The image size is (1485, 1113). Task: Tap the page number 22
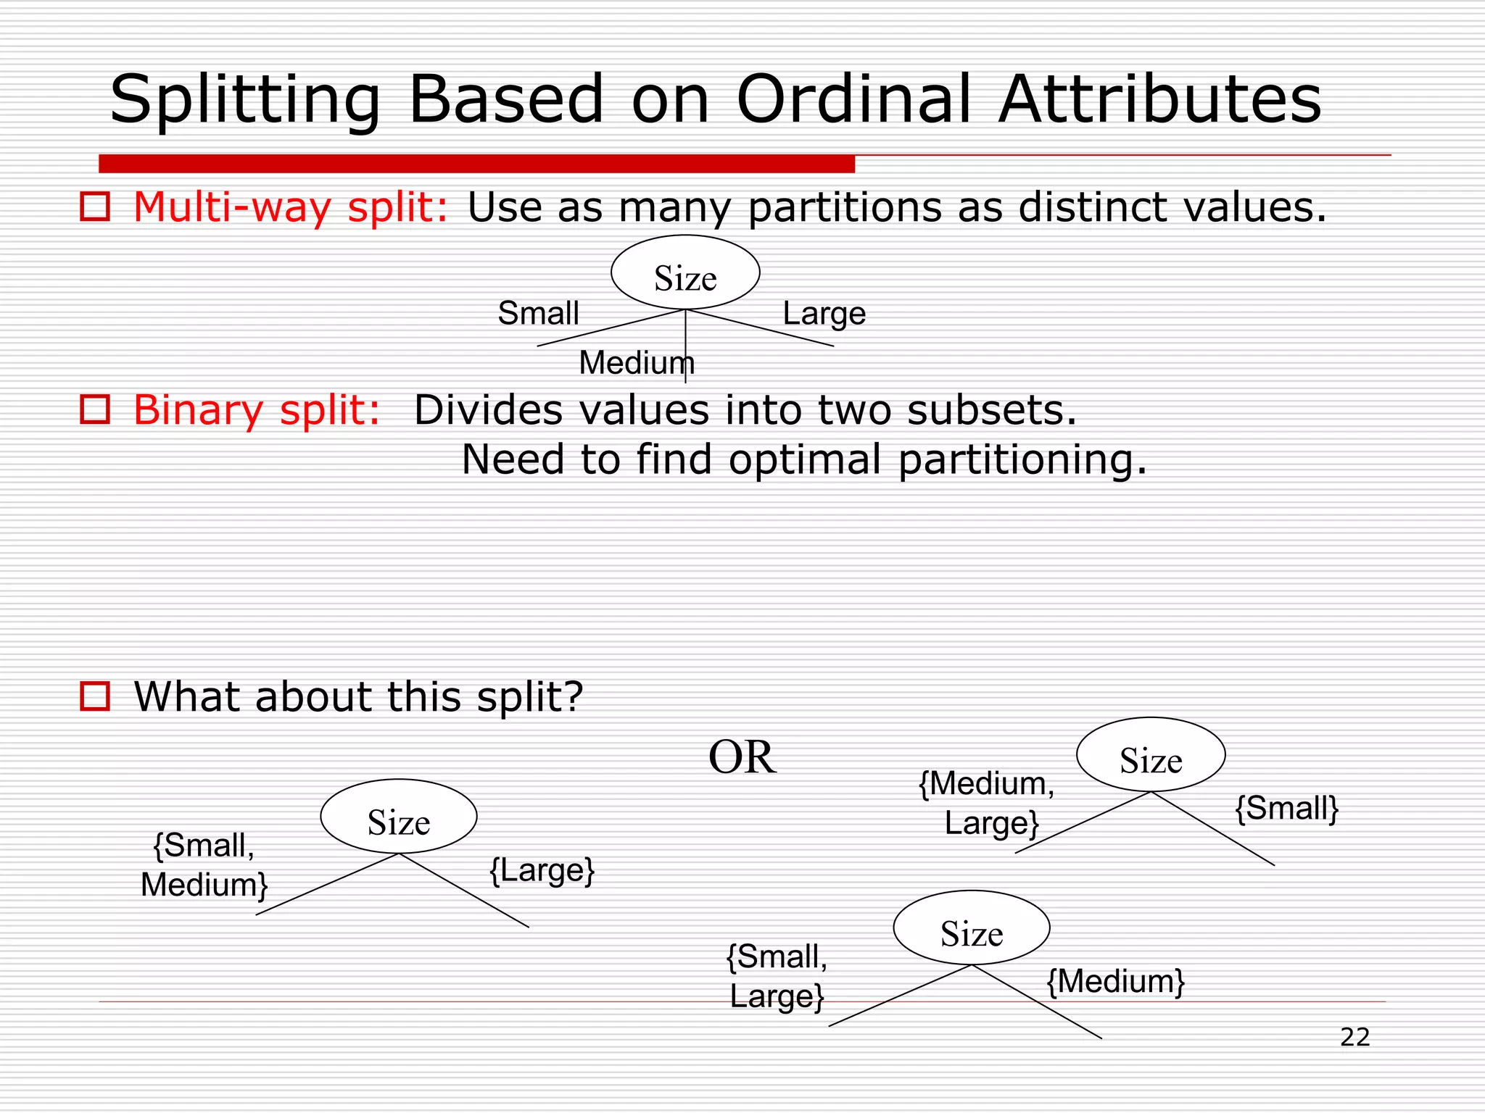pos(1354,1037)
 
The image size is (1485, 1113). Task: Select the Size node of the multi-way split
pos(685,274)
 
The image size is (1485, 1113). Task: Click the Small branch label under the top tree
pos(538,314)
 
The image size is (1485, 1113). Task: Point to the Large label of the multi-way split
pos(824,314)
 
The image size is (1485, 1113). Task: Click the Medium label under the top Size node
pos(636,362)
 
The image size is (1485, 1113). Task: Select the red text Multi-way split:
pos(291,207)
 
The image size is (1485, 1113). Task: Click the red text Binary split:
pos(257,410)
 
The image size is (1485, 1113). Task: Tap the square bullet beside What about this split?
pos(94,696)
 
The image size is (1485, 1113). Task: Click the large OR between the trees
pos(742,758)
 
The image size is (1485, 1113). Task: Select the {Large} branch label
pos(542,870)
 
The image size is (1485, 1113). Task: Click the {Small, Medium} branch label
pos(204,865)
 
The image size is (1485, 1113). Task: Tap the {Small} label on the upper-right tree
pos(1286,808)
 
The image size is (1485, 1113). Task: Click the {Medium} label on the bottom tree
pos(1115,982)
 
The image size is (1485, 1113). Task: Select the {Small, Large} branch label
pos(777,976)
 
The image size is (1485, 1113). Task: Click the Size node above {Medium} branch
pos(971,928)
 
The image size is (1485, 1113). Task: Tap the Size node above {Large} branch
pos(398,817)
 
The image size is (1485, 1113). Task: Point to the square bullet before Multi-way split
pos(94,207)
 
